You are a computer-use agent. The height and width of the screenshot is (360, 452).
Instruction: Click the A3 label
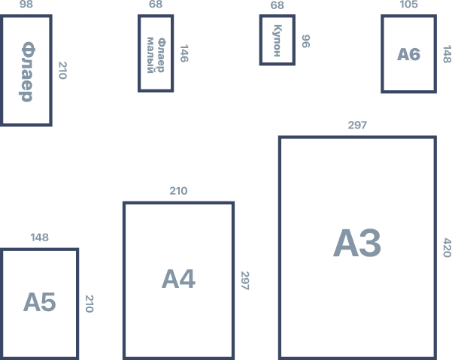click(357, 243)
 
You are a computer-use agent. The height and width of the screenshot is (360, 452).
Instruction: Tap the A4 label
click(178, 279)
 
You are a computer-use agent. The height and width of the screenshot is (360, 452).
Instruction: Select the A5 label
click(40, 302)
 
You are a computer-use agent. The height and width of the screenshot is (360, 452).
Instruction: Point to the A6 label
click(409, 54)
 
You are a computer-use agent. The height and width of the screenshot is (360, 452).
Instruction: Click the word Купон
click(277, 41)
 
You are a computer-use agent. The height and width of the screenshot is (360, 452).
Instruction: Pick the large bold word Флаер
click(26, 71)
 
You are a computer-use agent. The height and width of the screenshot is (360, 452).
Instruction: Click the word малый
click(150, 55)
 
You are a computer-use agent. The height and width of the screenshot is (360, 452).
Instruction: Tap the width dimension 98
click(26, 4)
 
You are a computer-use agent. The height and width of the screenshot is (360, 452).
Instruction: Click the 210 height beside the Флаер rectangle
click(63, 71)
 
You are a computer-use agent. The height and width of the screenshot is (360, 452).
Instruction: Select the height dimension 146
click(184, 53)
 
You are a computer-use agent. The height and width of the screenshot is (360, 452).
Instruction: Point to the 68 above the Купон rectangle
click(277, 5)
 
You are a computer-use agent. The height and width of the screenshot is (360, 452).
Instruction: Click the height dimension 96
click(306, 41)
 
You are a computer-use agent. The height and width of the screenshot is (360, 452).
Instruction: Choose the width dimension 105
click(409, 4)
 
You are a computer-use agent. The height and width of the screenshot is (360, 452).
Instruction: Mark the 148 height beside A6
click(447, 54)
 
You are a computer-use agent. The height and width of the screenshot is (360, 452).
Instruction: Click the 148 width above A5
click(40, 237)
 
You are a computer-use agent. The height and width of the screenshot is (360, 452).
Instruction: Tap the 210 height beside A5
click(89, 304)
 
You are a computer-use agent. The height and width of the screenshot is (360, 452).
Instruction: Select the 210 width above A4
click(178, 191)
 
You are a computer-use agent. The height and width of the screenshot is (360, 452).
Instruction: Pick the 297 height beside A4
click(245, 280)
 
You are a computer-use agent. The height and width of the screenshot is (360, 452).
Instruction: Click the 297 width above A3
click(357, 125)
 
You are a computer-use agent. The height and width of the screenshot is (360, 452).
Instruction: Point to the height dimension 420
click(447, 247)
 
